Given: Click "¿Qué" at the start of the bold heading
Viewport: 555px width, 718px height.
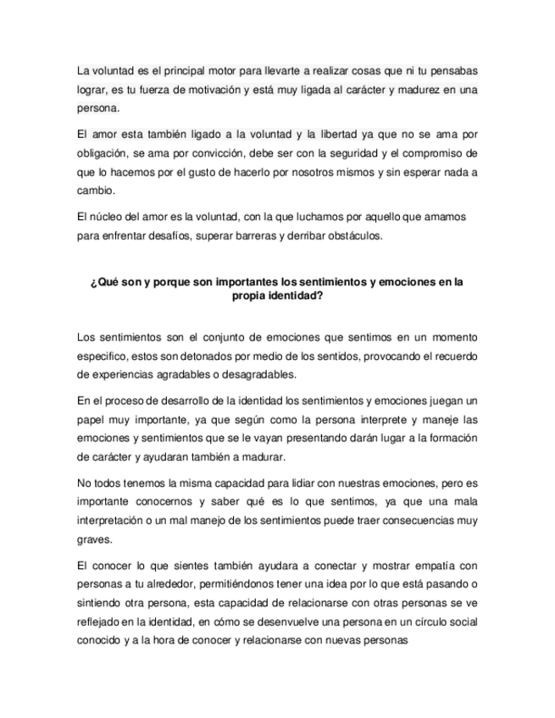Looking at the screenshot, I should pos(103,282).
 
